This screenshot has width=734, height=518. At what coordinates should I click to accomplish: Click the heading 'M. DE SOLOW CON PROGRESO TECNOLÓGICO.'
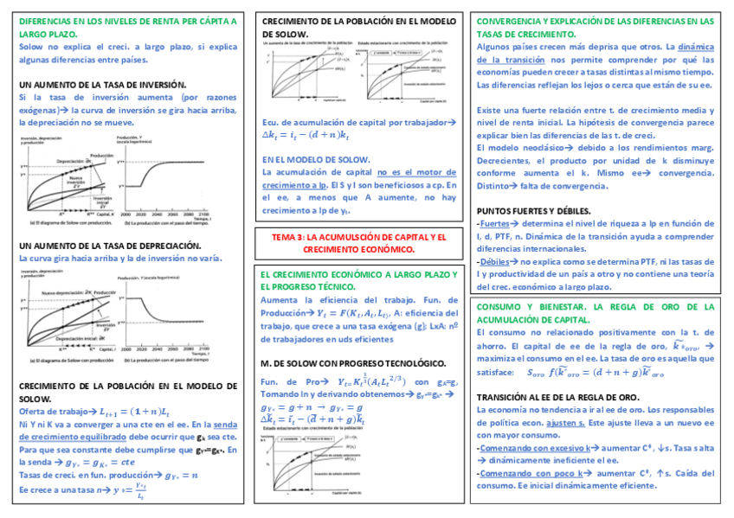coord(353,364)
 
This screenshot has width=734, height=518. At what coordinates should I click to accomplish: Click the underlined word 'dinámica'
coord(698,47)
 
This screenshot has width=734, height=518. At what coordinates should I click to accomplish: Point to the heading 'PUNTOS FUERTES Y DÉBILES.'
coord(534,211)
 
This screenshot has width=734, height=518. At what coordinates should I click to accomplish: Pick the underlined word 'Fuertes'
coord(495,224)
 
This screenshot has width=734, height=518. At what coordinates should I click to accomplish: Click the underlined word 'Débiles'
coord(495,260)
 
